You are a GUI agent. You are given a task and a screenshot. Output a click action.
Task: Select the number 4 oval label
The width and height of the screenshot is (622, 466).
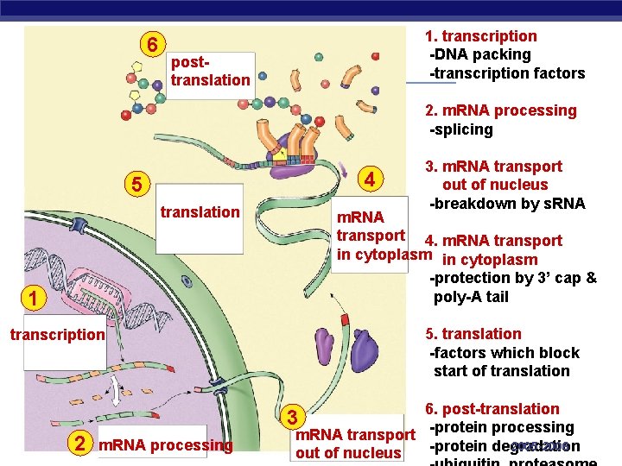click(x=369, y=180)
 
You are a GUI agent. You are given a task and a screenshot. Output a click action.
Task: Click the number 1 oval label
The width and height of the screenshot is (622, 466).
click(x=30, y=299)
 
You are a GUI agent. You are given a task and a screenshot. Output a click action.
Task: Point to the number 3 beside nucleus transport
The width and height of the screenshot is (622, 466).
click(x=293, y=418)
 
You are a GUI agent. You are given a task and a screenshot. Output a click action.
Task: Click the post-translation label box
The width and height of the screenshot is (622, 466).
click(x=210, y=72)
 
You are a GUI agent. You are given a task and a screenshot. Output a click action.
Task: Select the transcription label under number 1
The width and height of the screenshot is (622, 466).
click(x=58, y=335)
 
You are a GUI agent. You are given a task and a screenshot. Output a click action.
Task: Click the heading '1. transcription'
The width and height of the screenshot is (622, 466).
click(x=480, y=36)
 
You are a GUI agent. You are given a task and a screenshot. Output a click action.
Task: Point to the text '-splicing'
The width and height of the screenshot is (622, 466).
click(x=461, y=129)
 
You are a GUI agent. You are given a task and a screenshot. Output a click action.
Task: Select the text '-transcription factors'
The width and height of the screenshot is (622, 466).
click(x=507, y=73)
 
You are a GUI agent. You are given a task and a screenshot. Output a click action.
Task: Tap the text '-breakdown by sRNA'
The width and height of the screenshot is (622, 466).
click(x=507, y=204)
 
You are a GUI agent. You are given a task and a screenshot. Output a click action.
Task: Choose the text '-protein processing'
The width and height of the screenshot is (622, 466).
click(x=501, y=427)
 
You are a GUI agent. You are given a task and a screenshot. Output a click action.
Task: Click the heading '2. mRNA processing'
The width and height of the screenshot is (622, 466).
click(x=500, y=110)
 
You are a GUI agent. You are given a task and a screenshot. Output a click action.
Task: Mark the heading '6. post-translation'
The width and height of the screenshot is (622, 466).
click(x=492, y=409)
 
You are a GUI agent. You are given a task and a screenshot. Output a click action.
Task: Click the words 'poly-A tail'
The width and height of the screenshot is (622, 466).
click(x=471, y=297)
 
